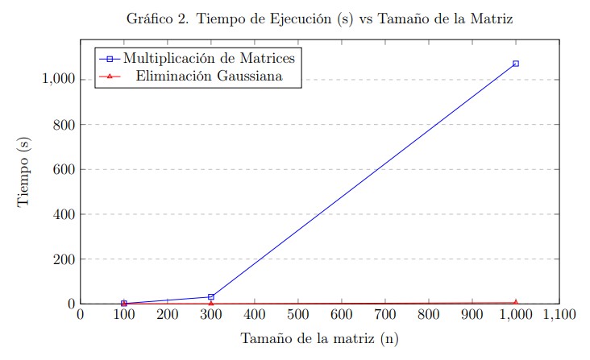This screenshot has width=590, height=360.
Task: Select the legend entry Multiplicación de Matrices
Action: click(203, 58)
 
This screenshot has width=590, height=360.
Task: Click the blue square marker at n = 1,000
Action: click(515, 63)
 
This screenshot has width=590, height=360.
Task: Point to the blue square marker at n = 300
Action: click(210, 297)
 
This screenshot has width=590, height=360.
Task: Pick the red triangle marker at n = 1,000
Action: click(515, 302)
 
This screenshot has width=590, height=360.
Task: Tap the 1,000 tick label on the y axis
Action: click(55, 80)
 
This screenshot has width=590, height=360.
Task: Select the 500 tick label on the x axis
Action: click(297, 315)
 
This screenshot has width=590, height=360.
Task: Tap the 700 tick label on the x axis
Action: click(384, 315)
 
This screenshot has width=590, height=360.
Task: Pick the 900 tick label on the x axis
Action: click(472, 315)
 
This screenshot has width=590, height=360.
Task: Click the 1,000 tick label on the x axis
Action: click(515, 315)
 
